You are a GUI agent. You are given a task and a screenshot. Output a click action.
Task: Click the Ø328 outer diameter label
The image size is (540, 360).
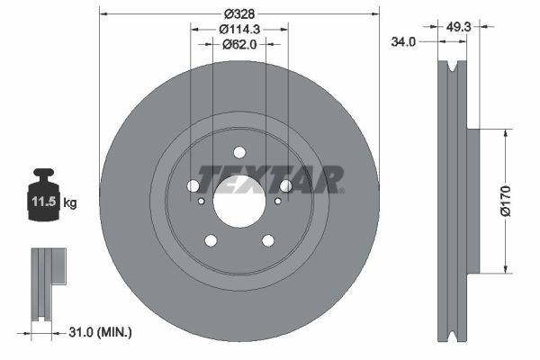click(238, 13)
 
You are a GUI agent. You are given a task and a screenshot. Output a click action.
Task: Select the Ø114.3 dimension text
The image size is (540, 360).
click(238, 28)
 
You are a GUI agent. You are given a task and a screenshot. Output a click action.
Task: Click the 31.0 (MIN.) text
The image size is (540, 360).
click(101, 333)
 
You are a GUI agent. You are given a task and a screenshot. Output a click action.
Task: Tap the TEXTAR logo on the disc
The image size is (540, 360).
click(270, 178)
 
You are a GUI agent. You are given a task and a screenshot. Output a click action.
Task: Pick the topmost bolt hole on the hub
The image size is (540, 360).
click(239, 152)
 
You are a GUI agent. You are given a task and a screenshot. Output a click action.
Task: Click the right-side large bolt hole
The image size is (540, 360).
click(286, 185)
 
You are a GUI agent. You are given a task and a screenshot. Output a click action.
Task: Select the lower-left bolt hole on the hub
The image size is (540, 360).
click(211, 240)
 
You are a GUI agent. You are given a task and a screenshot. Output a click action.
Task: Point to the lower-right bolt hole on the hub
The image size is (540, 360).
click(267, 240)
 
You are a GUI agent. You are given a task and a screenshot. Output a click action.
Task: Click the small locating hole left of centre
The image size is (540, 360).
click(202, 201)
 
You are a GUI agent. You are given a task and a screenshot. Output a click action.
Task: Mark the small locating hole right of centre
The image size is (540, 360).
click(277, 201)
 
